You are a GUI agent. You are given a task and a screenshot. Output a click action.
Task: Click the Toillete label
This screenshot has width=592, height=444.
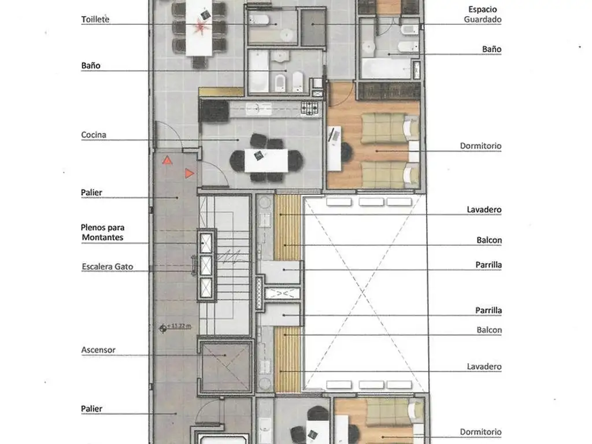point(95,19)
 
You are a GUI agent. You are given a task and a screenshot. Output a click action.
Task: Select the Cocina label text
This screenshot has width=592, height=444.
point(94,135)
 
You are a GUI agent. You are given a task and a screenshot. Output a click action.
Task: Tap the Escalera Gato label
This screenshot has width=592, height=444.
point(108,267)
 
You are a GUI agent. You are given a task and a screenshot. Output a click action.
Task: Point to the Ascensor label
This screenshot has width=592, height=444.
point(98,350)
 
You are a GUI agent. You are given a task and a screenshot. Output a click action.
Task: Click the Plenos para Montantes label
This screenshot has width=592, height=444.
point(103,232)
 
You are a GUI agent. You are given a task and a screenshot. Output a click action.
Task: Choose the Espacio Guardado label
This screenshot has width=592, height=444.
point(483,14)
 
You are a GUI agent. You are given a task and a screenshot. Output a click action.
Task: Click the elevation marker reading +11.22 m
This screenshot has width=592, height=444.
point(176,327)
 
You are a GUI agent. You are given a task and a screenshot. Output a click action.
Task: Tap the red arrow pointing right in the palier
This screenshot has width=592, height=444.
point(190,173)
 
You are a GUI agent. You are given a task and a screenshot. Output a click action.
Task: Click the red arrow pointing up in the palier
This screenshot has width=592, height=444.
point(167,160)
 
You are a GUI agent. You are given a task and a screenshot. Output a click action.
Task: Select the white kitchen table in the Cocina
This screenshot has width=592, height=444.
point(266,161)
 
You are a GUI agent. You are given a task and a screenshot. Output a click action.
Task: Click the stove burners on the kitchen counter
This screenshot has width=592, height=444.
point(309,108)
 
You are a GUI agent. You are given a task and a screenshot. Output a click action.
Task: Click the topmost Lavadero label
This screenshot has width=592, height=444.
point(484,209)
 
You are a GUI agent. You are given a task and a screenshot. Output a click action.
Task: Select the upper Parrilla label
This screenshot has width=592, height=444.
point(489,265)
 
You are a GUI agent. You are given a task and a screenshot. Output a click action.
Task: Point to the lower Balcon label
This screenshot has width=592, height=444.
point(489,330)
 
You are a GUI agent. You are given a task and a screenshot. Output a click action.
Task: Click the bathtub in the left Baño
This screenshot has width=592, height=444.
point(258,71)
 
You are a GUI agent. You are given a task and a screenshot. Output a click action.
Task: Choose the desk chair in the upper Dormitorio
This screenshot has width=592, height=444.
point(346,151)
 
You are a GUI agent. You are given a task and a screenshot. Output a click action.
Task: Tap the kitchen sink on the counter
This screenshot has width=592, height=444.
point(258,109)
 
